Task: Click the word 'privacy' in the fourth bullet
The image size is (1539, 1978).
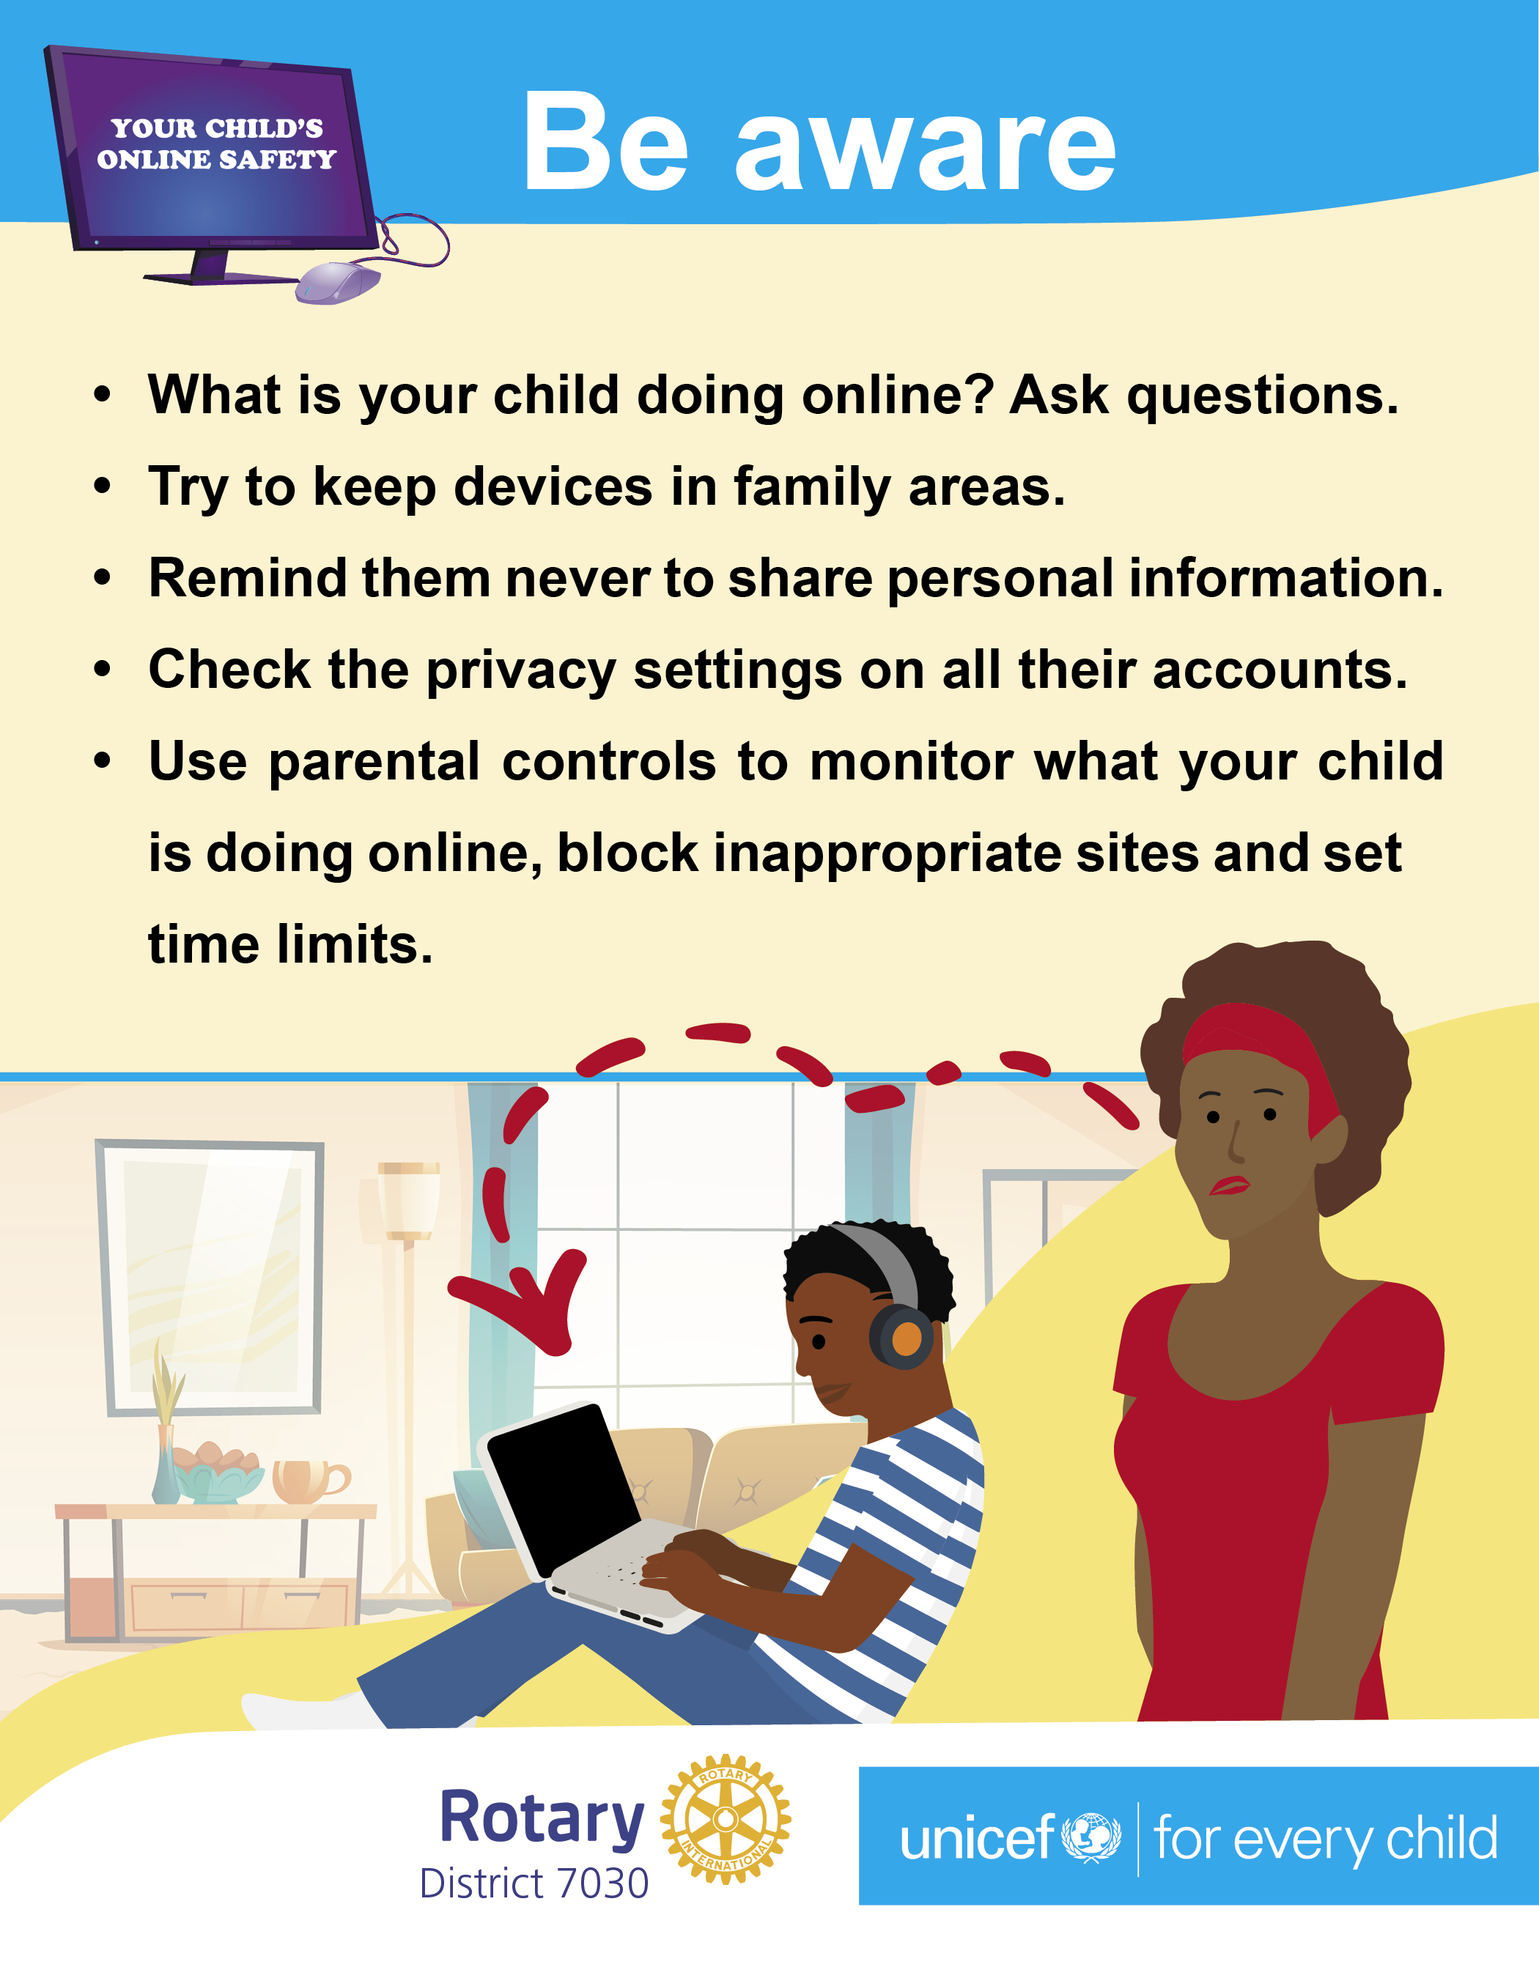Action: [x=521, y=671]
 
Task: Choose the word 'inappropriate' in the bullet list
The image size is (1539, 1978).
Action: [x=887, y=854]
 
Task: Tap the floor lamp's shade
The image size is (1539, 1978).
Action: [x=408, y=1200]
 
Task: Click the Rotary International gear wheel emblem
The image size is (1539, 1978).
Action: [x=726, y=1820]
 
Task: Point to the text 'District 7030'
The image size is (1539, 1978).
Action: [x=534, y=1883]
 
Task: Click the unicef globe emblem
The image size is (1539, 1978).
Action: [x=1090, y=1837]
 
